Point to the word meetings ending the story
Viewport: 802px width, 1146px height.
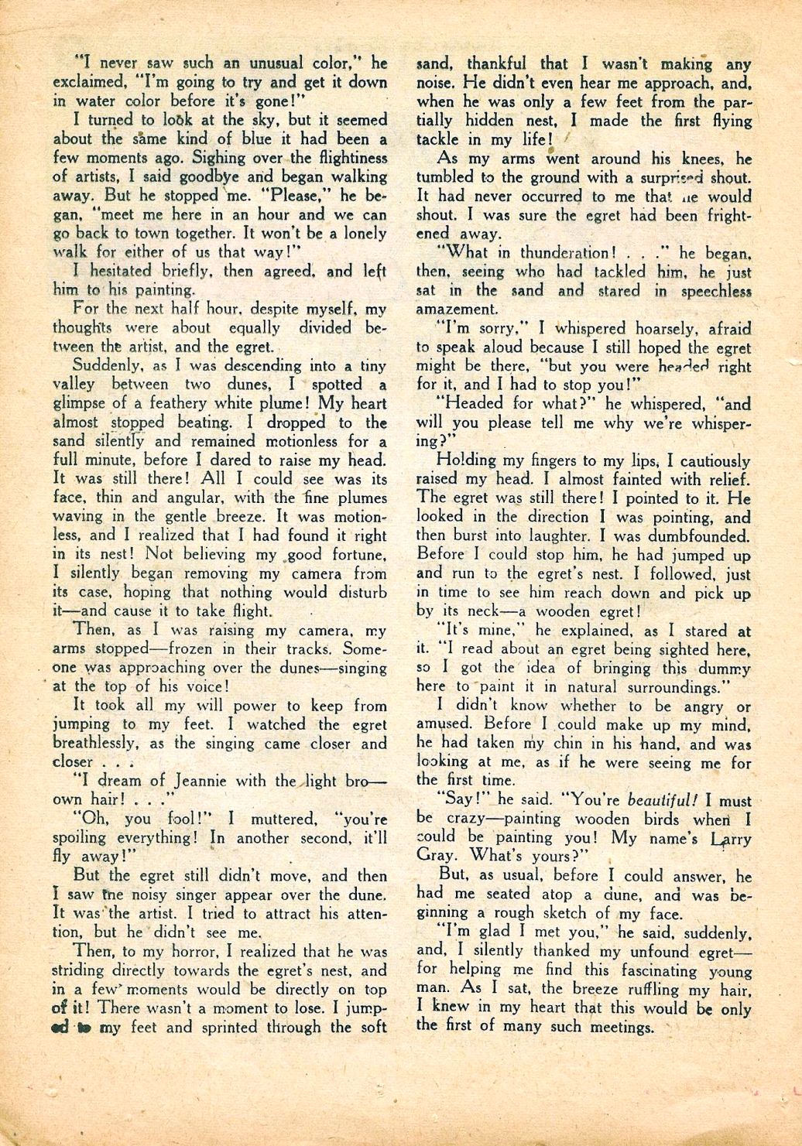(615, 1028)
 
